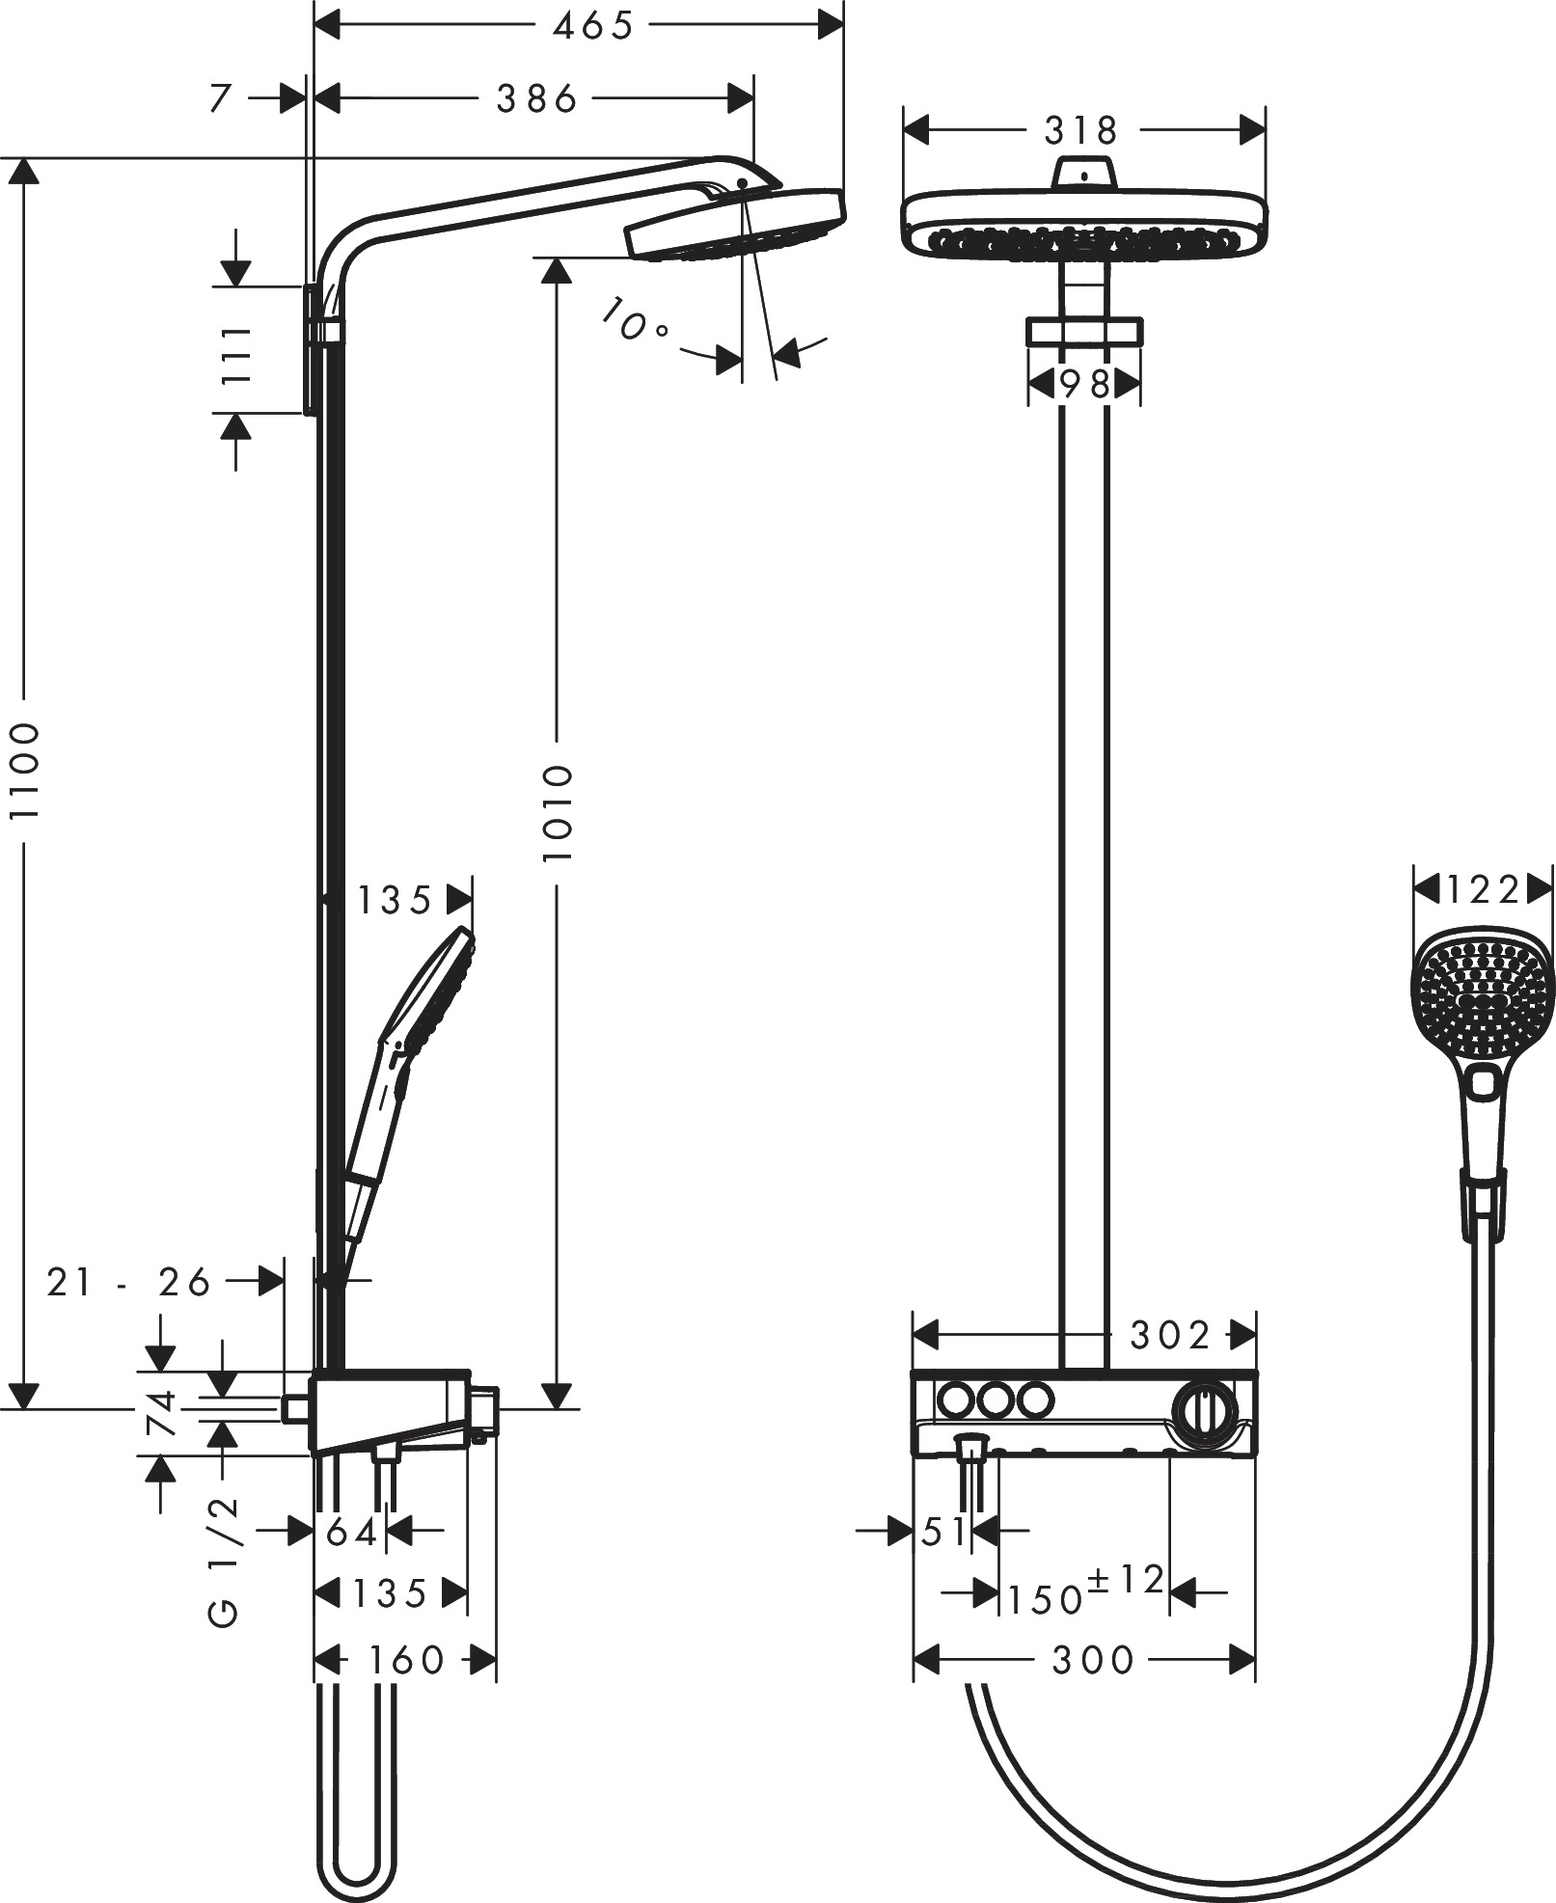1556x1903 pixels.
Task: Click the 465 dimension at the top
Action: pyautogui.click(x=591, y=26)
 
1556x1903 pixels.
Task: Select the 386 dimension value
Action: pyautogui.click(x=536, y=97)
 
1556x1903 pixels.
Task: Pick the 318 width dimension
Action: pyautogui.click(x=1080, y=128)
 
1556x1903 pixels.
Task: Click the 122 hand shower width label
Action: pyautogui.click(x=1483, y=889)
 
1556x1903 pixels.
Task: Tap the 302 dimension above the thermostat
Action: pyautogui.click(x=1169, y=1336)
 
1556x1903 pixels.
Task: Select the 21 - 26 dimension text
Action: pyautogui.click(x=128, y=1282)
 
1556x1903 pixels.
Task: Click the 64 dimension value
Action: pyautogui.click(x=351, y=1532)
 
